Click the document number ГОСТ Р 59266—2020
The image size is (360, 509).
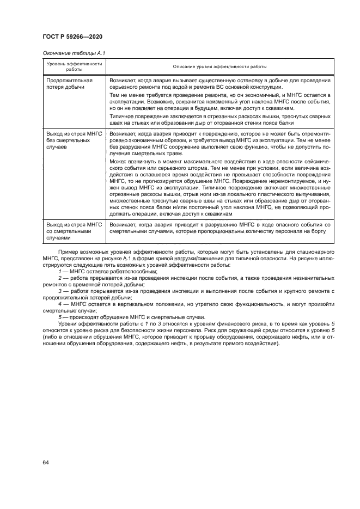72,36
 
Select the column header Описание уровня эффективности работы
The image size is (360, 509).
219,66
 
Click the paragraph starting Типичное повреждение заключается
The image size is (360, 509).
219,120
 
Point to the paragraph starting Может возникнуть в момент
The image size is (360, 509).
219,187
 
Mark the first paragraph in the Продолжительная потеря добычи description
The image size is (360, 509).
219,83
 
